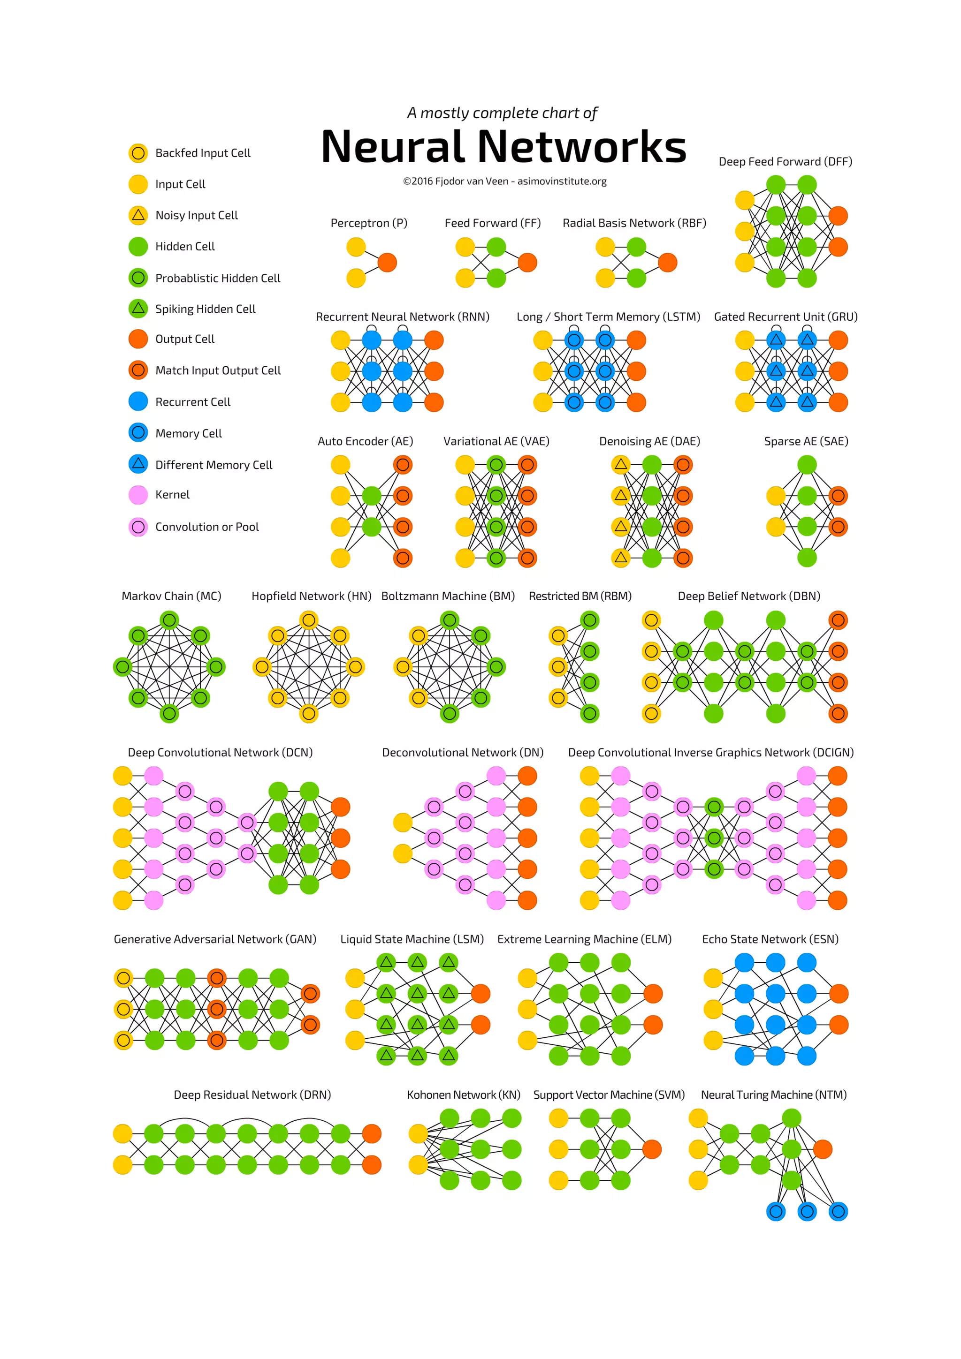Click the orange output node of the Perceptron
click(387, 262)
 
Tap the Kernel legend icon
click(138, 495)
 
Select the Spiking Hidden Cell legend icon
click(138, 309)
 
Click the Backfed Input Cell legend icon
click(138, 153)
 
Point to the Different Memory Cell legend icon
click(138, 464)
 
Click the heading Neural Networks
click(503, 147)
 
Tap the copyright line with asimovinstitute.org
click(504, 181)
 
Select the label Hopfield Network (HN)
click(312, 596)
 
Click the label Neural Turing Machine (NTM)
click(773, 1095)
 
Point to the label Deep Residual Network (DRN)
click(252, 1095)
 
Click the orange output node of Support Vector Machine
click(652, 1149)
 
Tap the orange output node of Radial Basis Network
click(667, 262)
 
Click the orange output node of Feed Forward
click(527, 262)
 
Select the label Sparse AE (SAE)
click(806, 441)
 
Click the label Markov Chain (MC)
click(171, 596)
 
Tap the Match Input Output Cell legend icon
click(138, 370)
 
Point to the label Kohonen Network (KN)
click(463, 1095)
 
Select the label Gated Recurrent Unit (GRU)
click(786, 317)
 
